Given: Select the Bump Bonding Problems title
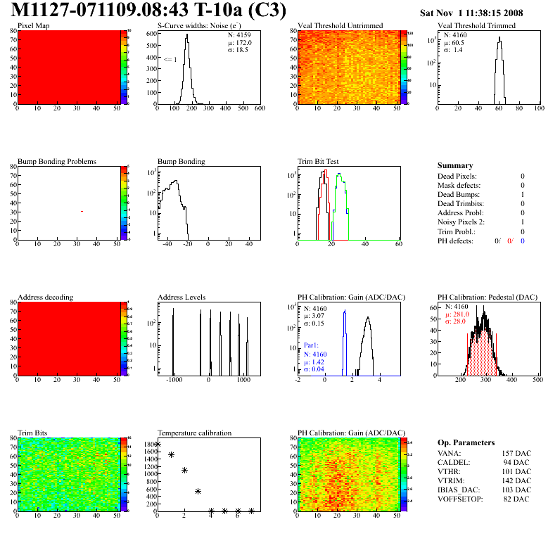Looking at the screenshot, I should pyautogui.click(x=57, y=161).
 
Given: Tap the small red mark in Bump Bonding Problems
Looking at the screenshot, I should pyautogui.click(x=82, y=211).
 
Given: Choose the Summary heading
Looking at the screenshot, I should pyautogui.click(x=454, y=165).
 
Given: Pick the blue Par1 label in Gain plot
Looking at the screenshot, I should pyautogui.click(x=312, y=345).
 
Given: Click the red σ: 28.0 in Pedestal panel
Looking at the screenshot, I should pyautogui.click(x=460, y=321).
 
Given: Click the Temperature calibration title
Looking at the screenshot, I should pyautogui.click(x=194, y=433).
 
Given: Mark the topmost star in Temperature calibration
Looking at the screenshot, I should pyautogui.click(x=158, y=445).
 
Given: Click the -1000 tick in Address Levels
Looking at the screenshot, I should pyautogui.click(x=173, y=379).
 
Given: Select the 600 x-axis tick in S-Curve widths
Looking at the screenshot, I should pyautogui.click(x=259, y=109).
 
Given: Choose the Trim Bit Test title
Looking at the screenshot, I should pyautogui.click(x=324, y=161).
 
